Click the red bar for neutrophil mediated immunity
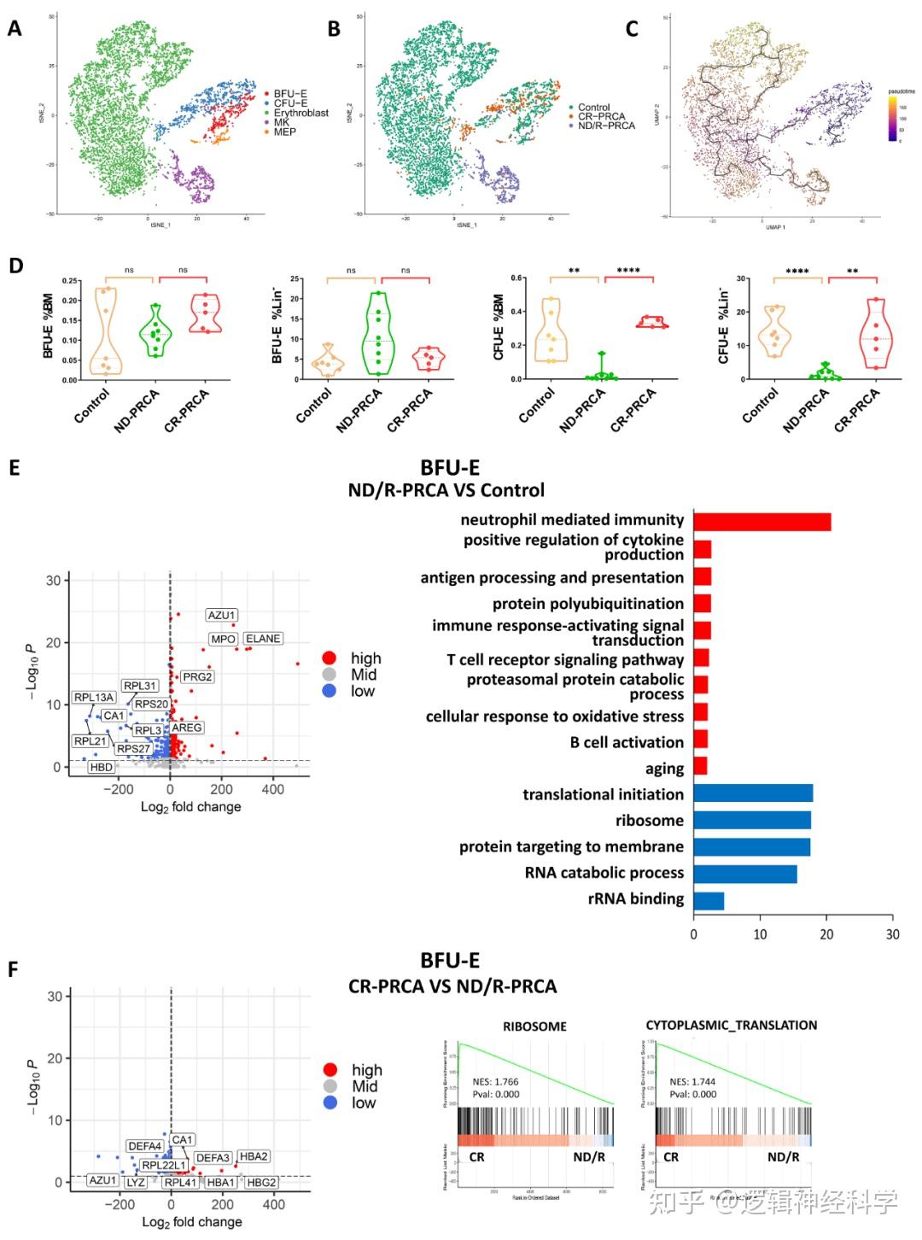[x=762, y=521]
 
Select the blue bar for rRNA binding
[x=709, y=900]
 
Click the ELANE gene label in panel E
[x=263, y=639]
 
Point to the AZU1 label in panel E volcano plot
[x=222, y=616]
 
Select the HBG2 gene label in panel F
[x=262, y=1182]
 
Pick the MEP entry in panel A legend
[x=284, y=132]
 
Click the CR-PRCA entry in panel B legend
[x=601, y=116]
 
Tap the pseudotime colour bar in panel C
[x=893, y=119]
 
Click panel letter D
[x=15, y=265]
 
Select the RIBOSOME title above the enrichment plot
[x=534, y=1027]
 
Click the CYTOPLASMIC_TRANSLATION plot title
[x=731, y=1025]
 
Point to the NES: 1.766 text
[x=495, y=1082]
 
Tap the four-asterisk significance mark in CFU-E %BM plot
[x=628, y=271]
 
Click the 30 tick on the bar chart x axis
[x=892, y=934]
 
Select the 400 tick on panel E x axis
[x=273, y=790]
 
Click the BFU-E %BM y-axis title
[x=49, y=326]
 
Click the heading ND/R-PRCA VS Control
[x=446, y=490]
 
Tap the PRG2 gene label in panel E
[x=197, y=677]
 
